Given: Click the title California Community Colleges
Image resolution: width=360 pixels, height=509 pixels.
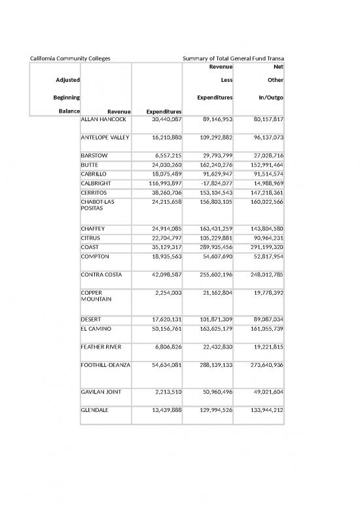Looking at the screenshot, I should coord(71,59).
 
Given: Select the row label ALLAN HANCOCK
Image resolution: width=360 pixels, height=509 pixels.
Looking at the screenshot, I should coord(103,120).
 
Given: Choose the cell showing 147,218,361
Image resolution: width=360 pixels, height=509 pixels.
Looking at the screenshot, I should coord(261,194).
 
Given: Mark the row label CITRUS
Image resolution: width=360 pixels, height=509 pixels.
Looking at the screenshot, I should coord(92,238).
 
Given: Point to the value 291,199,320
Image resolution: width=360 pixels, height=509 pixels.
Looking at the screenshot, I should coord(261,247).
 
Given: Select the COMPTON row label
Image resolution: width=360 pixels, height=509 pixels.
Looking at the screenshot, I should coord(96,256).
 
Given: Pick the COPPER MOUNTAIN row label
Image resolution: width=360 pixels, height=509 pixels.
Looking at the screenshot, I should coord(97,297).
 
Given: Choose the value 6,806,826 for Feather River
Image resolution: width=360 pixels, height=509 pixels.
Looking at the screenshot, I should coord(162,347).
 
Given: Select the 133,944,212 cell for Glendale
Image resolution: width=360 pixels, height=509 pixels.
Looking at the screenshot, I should coord(261,410).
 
